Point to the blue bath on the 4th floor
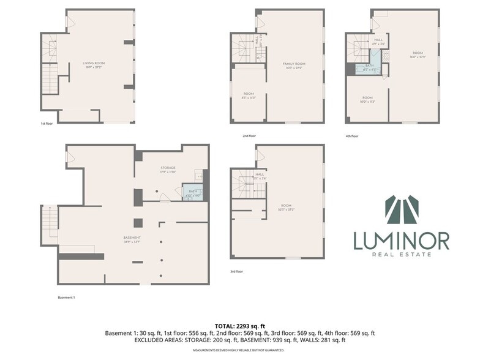[x=369, y=68]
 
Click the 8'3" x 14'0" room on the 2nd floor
[x=249, y=95]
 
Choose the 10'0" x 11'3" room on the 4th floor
[x=367, y=99]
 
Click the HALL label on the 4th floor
[x=378, y=42]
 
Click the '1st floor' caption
[x=47, y=124]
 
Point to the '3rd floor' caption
[x=237, y=271]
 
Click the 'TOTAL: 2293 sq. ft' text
[x=239, y=326]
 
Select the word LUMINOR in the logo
[x=401, y=241]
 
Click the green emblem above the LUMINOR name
[x=402, y=210]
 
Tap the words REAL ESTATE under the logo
[x=402, y=255]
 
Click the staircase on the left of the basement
[x=50, y=223]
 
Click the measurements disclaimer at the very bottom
[x=239, y=350]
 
